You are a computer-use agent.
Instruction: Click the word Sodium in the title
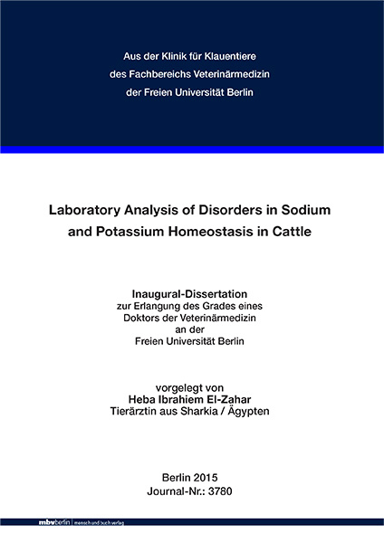pyautogui.click(x=311, y=209)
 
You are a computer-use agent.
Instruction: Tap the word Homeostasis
pyautogui.click(x=224, y=230)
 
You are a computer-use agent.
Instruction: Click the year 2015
pyautogui.click(x=207, y=477)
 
